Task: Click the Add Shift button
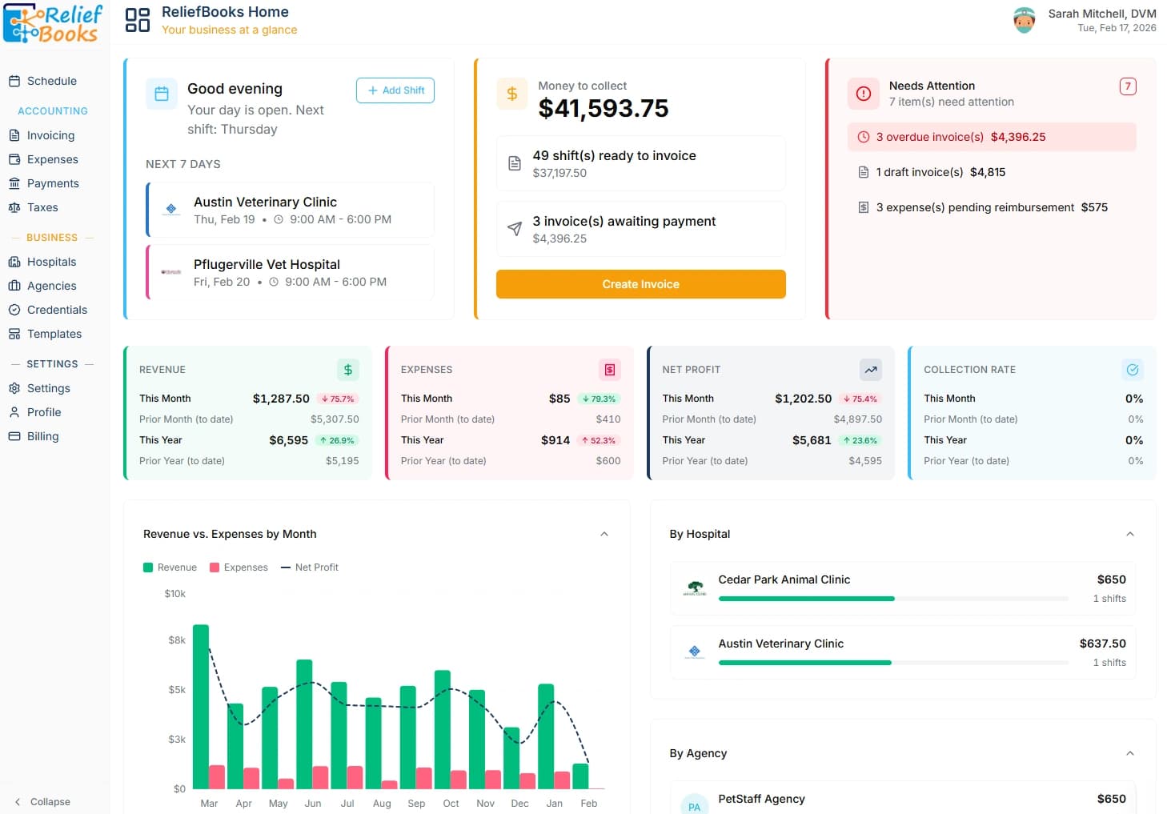click(395, 90)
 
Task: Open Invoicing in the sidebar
click(50, 135)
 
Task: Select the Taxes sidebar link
click(42, 207)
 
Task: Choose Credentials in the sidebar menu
click(57, 310)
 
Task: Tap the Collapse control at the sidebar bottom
click(43, 801)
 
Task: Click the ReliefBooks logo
click(54, 23)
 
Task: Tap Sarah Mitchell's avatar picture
click(1024, 20)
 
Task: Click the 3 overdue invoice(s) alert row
click(991, 137)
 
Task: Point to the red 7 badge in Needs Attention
click(1127, 86)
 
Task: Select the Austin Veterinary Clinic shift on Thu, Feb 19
click(291, 210)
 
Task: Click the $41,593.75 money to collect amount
click(604, 108)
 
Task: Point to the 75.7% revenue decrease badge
click(338, 399)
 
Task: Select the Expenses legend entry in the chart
click(239, 567)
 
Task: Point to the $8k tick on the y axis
click(177, 640)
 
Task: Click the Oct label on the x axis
click(451, 804)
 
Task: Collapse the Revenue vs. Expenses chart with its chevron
click(604, 534)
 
